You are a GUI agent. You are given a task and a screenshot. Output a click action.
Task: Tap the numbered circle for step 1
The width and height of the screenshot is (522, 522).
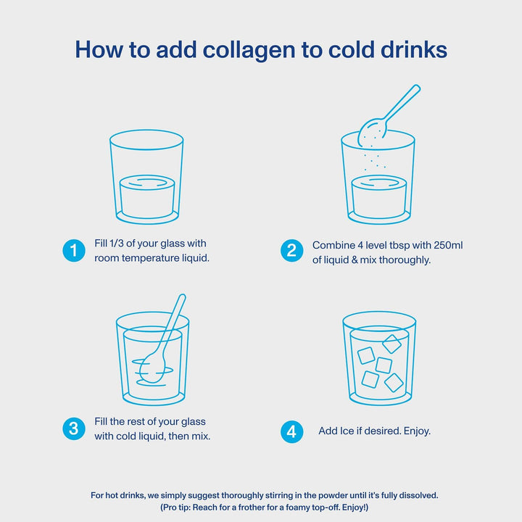click(x=72, y=251)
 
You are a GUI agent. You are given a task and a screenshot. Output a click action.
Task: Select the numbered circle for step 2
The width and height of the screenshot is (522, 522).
click(x=291, y=251)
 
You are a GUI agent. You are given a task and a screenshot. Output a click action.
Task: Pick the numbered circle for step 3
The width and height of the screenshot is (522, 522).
click(x=72, y=428)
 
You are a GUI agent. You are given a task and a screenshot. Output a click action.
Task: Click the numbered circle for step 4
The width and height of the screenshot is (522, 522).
click(x=291, y=431)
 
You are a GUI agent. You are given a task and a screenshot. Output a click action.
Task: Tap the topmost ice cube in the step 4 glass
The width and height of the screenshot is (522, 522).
click(x=391, y=343)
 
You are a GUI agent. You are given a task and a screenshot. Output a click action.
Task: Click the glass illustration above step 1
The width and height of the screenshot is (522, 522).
click(x=146, y=177)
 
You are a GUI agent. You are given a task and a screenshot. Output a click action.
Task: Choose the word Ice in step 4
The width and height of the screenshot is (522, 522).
click(x=349, y=431)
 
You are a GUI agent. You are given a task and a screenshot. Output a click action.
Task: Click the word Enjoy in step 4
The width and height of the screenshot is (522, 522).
click(x=416, y=431)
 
